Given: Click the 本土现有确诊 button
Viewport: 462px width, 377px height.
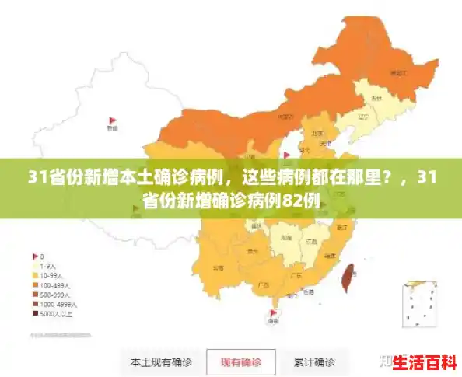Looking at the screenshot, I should pyautogui.click(x=161, y=362).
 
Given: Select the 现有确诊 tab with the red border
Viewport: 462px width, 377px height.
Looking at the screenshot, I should pyautogui.click(x=241, y=362).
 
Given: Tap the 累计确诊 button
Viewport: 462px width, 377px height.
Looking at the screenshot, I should pyautogui.click(x=314, y=362).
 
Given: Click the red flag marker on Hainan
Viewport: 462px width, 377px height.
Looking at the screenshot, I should pyautogui.click(x=272, y=313).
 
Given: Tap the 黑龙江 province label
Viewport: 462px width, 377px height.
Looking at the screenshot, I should pyautogui.click(x=398, y=72).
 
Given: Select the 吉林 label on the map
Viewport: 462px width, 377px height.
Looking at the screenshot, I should pyautogui.click(x=376, y=99).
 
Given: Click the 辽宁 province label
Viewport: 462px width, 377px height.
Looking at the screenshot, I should pyautogui.click(x=362, y=117).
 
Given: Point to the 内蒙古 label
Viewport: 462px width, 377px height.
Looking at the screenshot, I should pyautogui.click(x=285, y=117).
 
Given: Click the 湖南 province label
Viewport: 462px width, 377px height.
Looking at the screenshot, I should pyautogui.click(x=286, y=237).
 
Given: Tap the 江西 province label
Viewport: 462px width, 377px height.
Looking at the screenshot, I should pyautogui.click(x=313, y=241).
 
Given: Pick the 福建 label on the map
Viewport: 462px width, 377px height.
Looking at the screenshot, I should pyautogui.click(x=330, y=255).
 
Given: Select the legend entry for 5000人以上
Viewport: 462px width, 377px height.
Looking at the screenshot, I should pyautogui.click(x=56, y=314).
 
